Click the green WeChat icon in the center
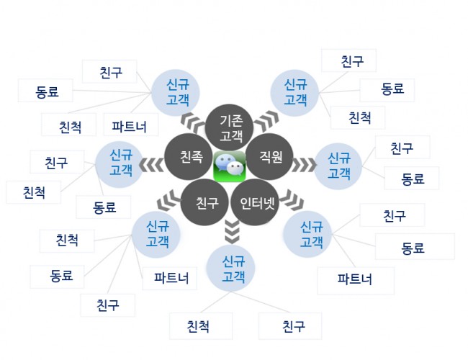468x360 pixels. pyautogui.click(x=230, y=166)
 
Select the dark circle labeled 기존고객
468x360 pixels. pyautogui.click(x=230, y=128)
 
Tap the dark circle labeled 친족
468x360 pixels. pyautogui.click(x=189, y=156)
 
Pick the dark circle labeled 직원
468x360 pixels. pyautogui.click(x=269, y=156)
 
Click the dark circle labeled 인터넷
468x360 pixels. pyautogui.click(x=256, y=202)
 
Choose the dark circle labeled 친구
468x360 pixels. pyautogui.click(x=204, y=202)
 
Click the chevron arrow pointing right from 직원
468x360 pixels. pyautogui.click(x=304, y=165)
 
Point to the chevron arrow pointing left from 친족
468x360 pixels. pyautogui.click(x=151, y=165)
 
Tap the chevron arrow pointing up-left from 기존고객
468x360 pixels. pyautogui.click(x=193, y=122)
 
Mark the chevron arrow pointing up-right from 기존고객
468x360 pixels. pyautogui.click(x=267, y=120)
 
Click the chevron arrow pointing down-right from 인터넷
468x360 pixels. pyautogui.click(x=292, y=199)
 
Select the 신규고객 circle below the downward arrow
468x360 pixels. pyautogui.click(x=230, y=269)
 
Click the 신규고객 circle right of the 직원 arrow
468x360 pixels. pyautogui.click(x=338, y=166)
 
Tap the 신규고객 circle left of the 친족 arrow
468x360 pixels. pyautogui.click(x=120, y=163)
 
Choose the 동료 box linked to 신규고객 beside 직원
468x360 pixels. pyautogui.click(x=412, y=179)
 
